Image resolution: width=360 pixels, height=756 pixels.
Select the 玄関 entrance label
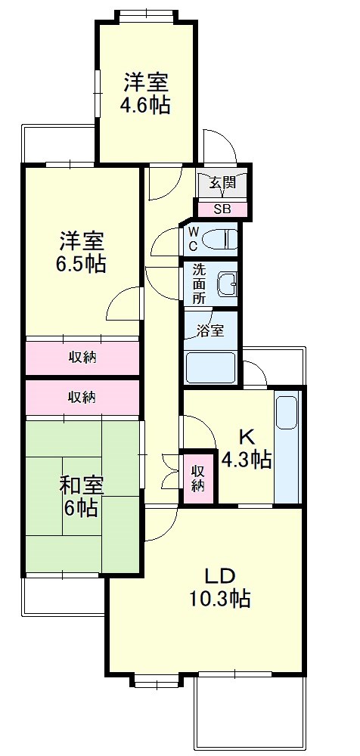coord(222,182)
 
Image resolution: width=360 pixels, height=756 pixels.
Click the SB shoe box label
coord(222,209)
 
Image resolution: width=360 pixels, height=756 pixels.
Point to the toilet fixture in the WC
coord(223,240)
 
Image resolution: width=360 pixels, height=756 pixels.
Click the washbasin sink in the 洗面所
coord(226,284)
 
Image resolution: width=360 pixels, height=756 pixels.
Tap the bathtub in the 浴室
coord(212,367)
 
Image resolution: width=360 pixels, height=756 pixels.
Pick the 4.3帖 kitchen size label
coord(246,459)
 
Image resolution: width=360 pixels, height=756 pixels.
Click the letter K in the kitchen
coord(246,437)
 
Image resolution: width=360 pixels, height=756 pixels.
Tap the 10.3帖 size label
coord(220,599)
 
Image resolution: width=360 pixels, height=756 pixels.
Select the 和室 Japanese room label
coord(80,485)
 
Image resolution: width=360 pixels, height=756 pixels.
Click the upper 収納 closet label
coord(82,357)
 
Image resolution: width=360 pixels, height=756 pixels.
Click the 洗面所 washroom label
coord(198,283)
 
